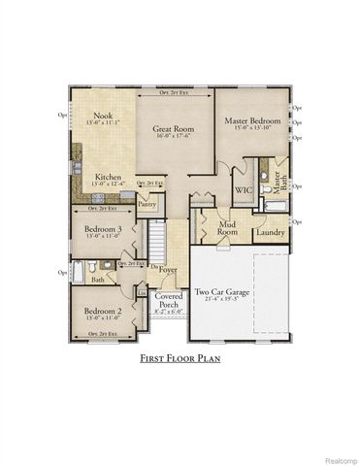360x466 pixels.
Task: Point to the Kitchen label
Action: [x=107, y=177]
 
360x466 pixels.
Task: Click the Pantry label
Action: [x=147, y=205]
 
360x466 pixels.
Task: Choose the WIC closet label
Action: [x=242, y=190]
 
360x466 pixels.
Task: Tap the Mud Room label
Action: [x=227, y=228]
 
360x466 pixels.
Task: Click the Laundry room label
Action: [x=270, y=232]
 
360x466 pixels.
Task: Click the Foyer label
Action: [x=169, y=271]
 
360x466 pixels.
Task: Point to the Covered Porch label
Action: [x=168, y=299]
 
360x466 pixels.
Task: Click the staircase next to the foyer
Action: [x=158, y=239]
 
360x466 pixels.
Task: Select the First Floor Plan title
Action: [x=180, y=358]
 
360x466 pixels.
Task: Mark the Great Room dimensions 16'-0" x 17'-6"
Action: [x=173, y=136]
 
